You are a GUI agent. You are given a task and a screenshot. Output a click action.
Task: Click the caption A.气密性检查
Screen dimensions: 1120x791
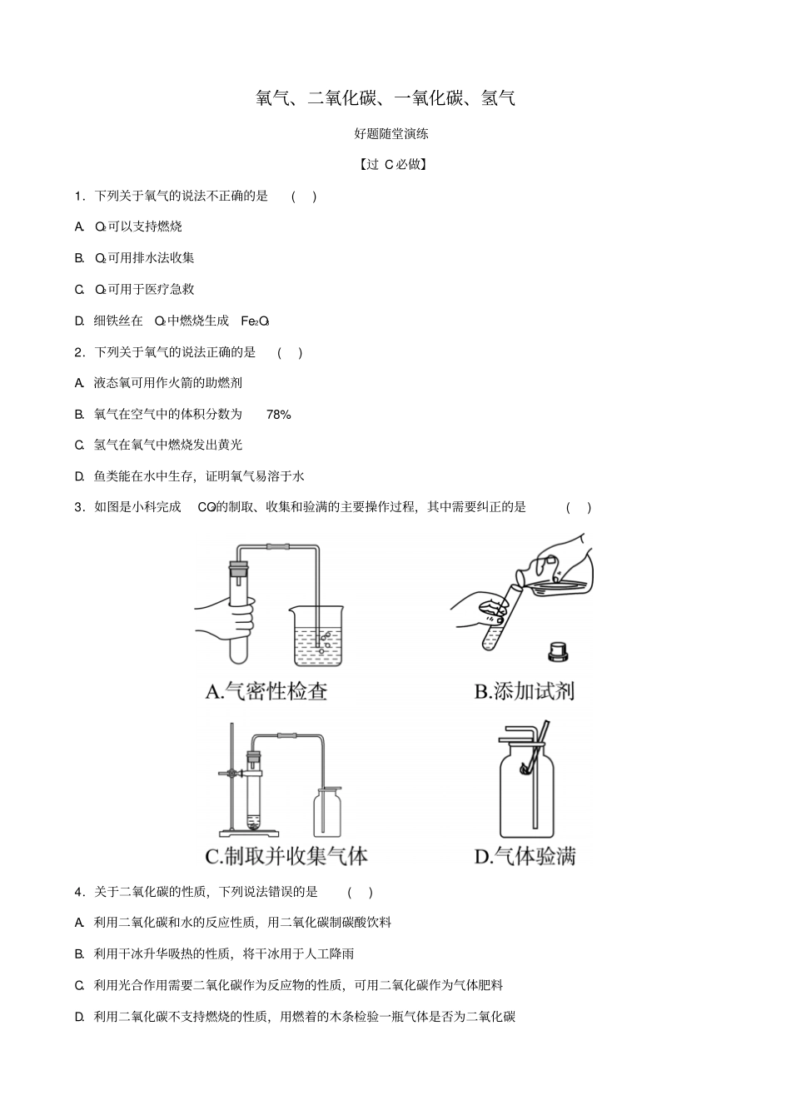coord(266,691)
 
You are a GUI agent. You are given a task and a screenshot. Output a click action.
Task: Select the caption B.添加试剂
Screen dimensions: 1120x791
coord(524,691)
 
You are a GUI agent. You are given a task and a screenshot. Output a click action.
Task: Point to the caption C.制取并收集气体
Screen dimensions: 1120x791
coord(286,856)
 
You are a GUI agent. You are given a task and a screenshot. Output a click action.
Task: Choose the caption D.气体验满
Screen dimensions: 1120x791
coord(525,856)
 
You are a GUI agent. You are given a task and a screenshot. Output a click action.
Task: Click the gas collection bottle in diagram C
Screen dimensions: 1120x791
coord(327,813)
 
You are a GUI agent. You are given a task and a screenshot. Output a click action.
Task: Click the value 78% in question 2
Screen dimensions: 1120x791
coord(279,414)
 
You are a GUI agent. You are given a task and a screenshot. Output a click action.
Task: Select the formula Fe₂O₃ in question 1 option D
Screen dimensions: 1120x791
coord(255,321)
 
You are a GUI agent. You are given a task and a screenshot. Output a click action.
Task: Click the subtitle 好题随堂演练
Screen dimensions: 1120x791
coord(391,133)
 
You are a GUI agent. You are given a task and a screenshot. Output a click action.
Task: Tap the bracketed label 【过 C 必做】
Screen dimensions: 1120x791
coord(393,164)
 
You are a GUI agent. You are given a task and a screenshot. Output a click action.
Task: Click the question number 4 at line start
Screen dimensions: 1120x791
coord(78,892)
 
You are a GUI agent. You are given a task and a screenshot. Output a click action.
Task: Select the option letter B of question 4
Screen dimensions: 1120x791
coord(80,954)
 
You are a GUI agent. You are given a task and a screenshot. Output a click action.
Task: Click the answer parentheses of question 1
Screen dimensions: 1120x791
coord(304,197)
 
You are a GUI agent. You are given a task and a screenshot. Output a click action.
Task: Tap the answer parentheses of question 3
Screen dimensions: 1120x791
coord(579,507)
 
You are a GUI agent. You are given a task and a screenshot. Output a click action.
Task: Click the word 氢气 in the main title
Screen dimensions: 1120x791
coord(498,98)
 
